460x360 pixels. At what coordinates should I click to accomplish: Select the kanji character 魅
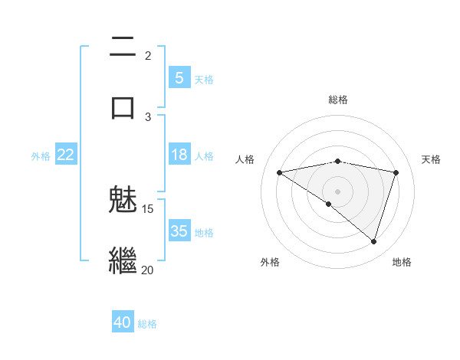tap(123, 201)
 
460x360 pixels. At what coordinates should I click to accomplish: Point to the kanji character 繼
tap(123, 260)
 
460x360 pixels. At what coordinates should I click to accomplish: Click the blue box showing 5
tap(179, 77)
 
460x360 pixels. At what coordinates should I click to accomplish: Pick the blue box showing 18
tap(179, 155)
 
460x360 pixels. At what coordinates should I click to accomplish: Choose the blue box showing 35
tap(179, 231)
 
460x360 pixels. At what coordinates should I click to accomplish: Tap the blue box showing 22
tap(65, 155)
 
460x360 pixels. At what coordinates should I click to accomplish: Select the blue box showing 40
tap(123, 322)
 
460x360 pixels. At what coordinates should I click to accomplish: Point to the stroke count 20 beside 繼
tap(148, 269)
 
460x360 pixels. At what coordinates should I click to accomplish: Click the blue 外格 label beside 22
tap(41, 155)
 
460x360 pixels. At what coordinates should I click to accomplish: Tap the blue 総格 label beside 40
tap(147, 323)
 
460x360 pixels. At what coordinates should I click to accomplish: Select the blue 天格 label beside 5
tap(204, 78)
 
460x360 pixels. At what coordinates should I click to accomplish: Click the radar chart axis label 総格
tap(338, 100)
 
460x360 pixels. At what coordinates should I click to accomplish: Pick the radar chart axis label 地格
tap(402, 262)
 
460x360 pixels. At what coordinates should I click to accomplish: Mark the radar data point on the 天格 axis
tap(396, 172)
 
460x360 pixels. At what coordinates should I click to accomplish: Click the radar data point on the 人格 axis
tap(280, 172)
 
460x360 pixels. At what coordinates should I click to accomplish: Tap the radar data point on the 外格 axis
tap(329, 204)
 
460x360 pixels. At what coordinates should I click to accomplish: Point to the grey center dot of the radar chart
tap(338, 191)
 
